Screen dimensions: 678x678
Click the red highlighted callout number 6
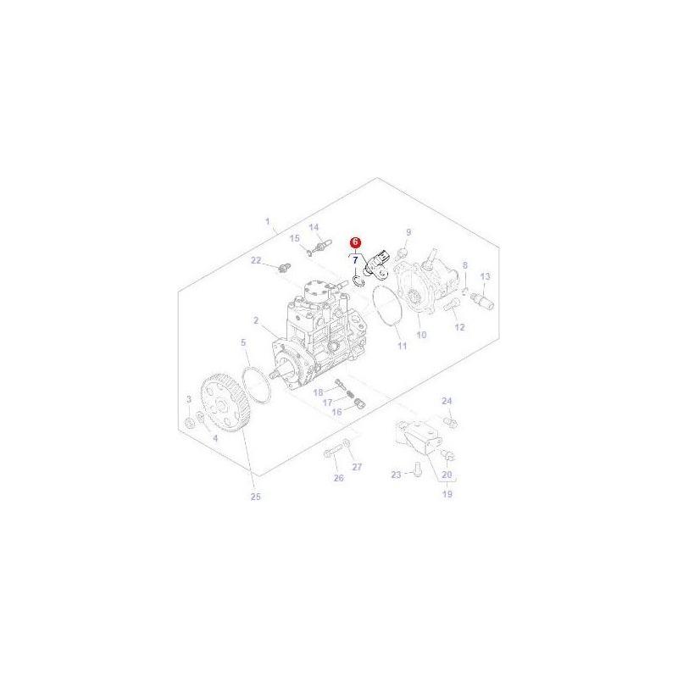(356, 242)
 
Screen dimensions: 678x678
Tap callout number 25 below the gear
(255, 496)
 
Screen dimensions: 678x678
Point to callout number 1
(268, 224)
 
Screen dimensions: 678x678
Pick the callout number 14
(313, 227)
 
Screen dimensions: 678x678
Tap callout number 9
(408, 232)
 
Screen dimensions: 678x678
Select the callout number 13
(486, 277)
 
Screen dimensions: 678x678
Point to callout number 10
(420, 336)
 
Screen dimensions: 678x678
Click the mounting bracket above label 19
(415, 437)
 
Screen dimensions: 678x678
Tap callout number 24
(447, 400)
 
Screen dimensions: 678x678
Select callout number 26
(339, 478)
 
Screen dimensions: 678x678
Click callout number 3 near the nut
(189, 398)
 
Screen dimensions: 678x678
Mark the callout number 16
(336, 411)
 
